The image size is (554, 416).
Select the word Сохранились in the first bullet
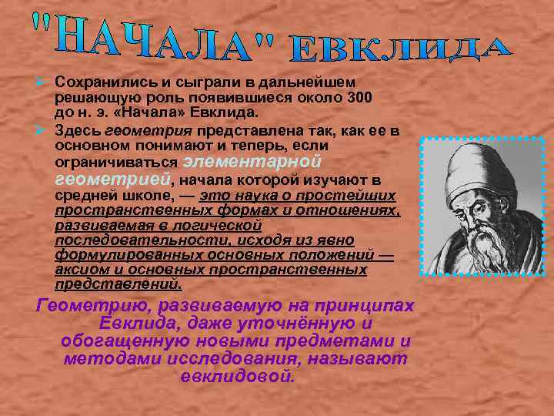coord(99,82)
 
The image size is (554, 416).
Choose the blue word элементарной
coord(249,162)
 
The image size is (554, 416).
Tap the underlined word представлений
coord(118,284)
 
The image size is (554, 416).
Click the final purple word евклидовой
coord(236,377)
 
